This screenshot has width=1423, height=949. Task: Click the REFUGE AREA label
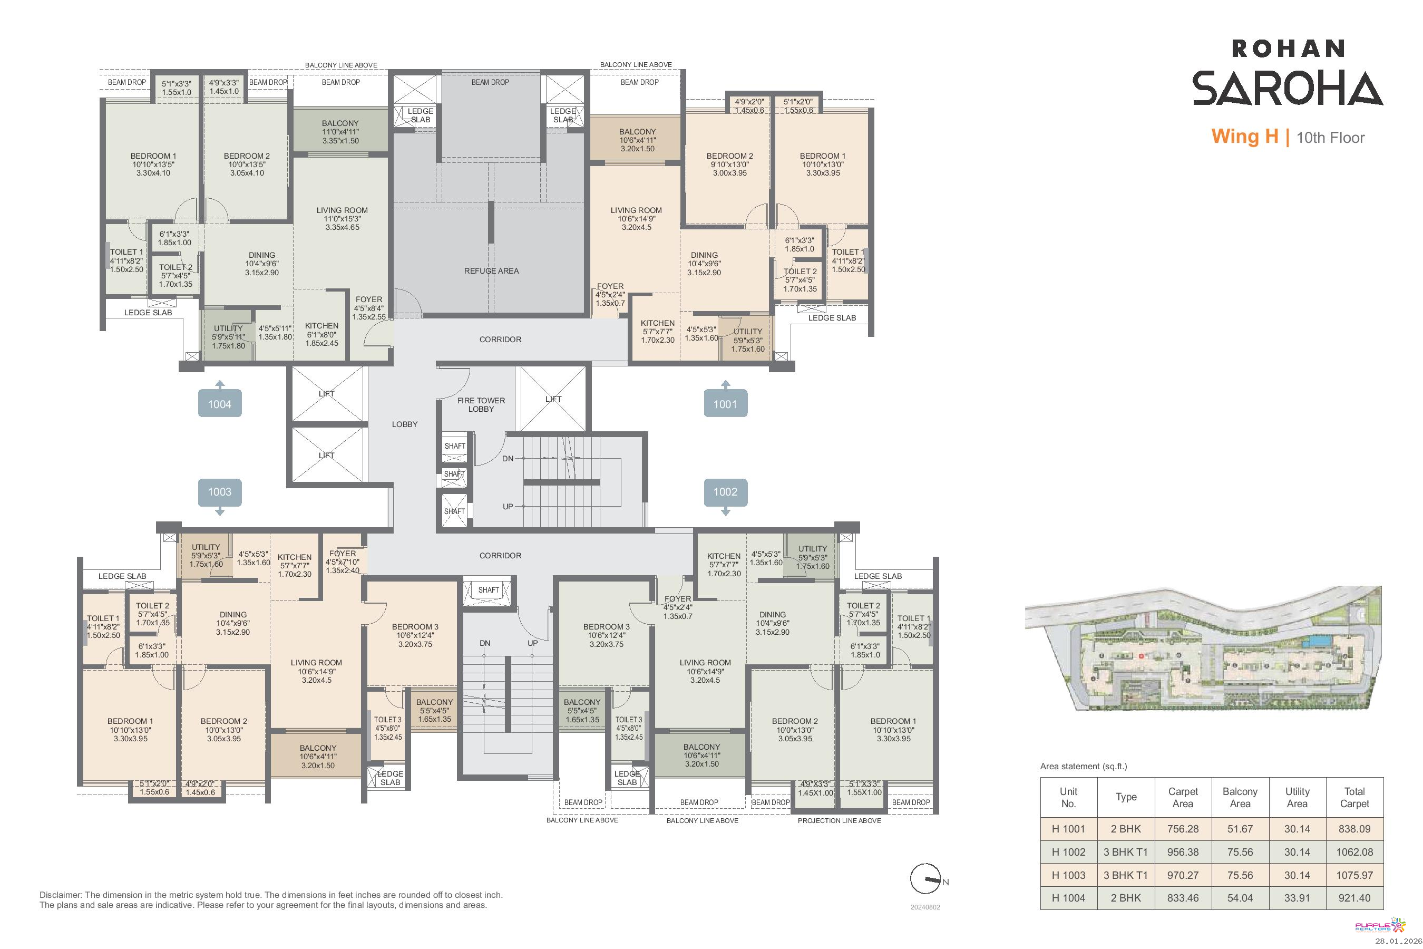(491, 271)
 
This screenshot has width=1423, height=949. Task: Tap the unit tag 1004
(220, 404)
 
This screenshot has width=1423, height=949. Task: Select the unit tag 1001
(725, 404)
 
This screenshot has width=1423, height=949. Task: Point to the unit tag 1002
(725, 492)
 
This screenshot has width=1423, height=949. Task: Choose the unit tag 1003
(220, 492)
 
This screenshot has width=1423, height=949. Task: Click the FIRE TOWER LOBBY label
(481, 405)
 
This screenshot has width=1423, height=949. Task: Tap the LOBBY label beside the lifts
(405, 424)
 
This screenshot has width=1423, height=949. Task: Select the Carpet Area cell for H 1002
(1183, 852)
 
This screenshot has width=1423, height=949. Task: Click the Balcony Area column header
(1240, 798)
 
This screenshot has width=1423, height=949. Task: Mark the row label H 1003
(1068, 875)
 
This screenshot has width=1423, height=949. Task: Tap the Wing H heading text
(1244, 137)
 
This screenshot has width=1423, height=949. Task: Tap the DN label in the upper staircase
(508, 459)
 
